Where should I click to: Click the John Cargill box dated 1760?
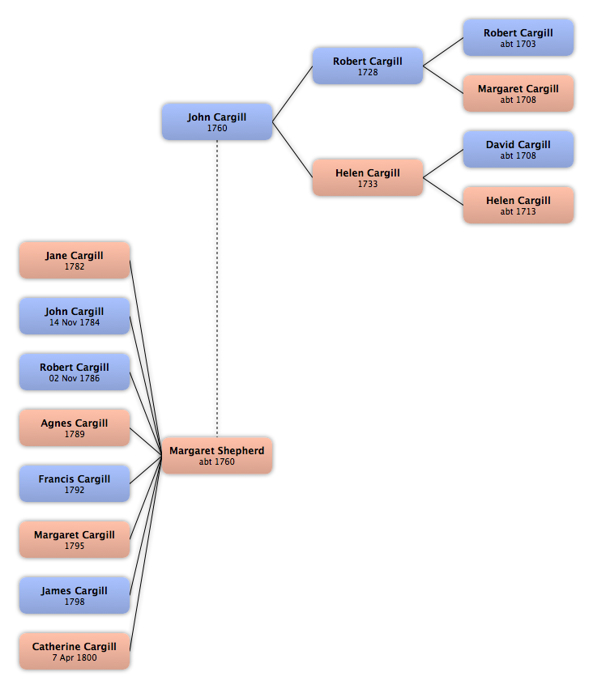coord(217,121)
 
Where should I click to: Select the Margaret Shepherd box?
coord(217,456)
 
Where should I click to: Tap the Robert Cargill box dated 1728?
coord(368,66)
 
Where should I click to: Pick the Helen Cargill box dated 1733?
coord(368,177)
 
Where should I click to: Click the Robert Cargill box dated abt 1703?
coord(518,38)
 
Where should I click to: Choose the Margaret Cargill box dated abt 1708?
coord(518,94)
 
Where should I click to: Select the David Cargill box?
coord(518,150)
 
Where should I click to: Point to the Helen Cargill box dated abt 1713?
coord(518,205)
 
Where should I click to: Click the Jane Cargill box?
coord(75,260)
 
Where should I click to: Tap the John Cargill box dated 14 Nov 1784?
coord(75,316)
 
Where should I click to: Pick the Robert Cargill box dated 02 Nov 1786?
coord(75,372)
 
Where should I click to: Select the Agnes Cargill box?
coord(75,427)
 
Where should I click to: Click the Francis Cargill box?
coord(75,483)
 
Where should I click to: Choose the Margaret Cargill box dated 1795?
coord(75,539)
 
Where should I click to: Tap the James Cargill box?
coord(75,595)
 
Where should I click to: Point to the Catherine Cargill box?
coord(75,651)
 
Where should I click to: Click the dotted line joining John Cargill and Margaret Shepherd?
coord(217,289)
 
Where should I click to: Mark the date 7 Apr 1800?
coord(75,657)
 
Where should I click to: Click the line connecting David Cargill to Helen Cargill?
coord(443,164)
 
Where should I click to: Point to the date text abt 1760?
coord(217,461)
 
